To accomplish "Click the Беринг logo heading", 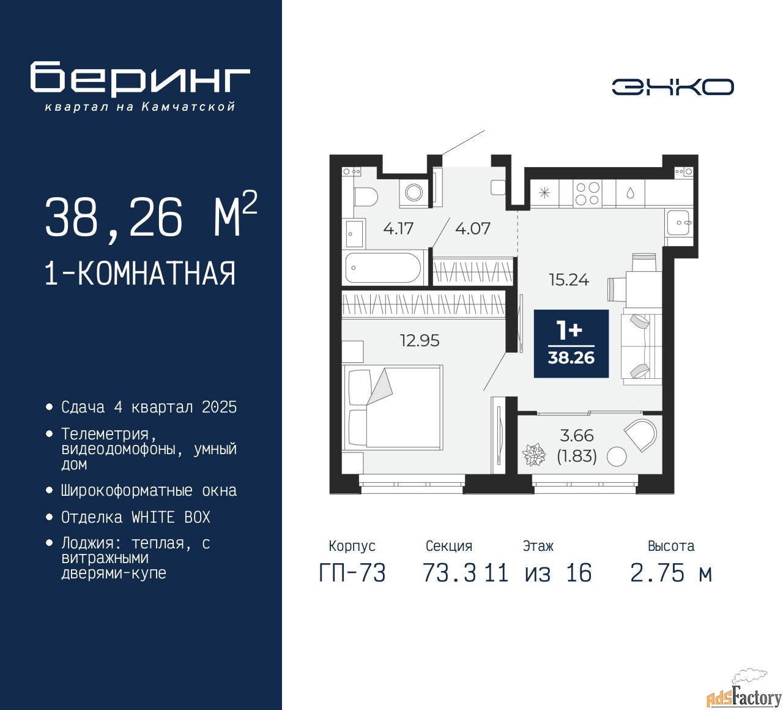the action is click(139, 78).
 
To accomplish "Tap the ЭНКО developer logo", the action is click(672, 87).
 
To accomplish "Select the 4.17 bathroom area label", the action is click(398, 228).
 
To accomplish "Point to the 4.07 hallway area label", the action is click(472, 228).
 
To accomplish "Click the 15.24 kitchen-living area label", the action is click(569, 280).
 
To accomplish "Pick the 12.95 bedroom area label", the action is click(420, 340).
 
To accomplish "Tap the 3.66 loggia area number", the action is click(576, 435).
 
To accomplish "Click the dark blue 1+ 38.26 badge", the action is click(571, 343).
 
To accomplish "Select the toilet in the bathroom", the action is click(365, 196).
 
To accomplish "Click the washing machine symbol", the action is click(414, 192).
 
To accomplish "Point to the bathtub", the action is click(384, 268).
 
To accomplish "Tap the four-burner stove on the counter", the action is click(587, 193).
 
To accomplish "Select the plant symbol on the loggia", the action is click(533, 455).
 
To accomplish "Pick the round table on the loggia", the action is click(617, 456).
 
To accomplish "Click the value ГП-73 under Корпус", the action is click(352, 573).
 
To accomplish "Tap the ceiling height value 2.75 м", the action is click(671, 573).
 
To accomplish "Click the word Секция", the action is click(449, 545).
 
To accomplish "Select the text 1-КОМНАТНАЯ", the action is click(141, 274).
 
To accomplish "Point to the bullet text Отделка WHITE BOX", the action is click(135, 517).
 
